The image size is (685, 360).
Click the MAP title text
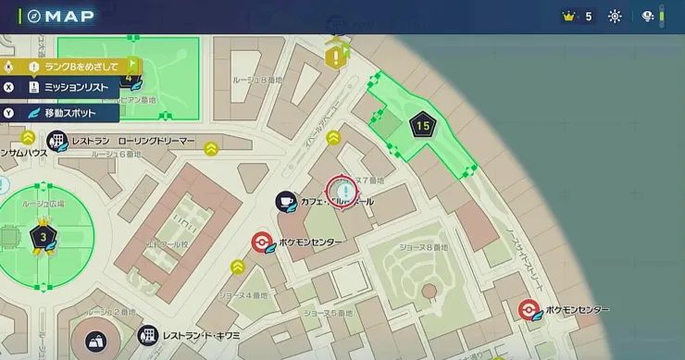[x=69, y=16]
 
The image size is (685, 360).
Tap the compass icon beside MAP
[x=34, y=16]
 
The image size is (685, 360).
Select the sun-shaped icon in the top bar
[x=615, y=16]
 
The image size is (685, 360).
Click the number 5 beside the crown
[x=588, y=16]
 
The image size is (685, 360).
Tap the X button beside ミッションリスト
[x=8, y=87]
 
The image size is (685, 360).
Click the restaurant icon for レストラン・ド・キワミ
[x=147, y=335]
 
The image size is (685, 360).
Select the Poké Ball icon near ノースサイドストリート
[x=529, y=309]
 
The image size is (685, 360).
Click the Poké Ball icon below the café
[x=262, y=242]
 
